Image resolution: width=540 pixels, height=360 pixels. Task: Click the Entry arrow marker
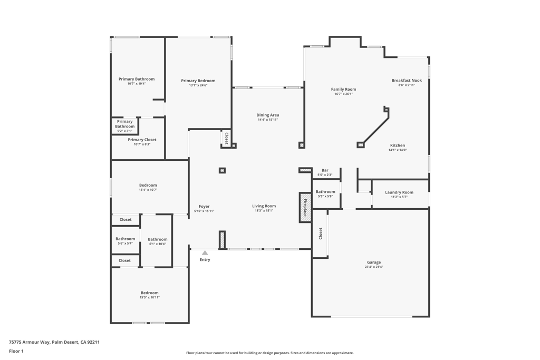coord(205,253)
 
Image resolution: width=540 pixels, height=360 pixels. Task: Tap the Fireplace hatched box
coord(305,208)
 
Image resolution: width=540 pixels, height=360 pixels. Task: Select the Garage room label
coord(374,262)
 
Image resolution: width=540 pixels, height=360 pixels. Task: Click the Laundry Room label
coord(399,192)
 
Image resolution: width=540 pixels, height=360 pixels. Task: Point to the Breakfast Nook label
coord(407,81)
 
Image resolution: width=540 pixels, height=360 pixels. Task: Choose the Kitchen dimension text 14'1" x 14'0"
coord(398,150)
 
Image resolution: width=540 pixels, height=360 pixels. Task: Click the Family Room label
coord(344,90)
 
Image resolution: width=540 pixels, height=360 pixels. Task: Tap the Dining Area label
coord(267,115)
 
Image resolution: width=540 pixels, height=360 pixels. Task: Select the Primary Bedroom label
coord(198,81)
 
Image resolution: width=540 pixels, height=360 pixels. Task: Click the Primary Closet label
coord(142,140)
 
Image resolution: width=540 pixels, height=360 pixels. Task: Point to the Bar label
coord(325,170)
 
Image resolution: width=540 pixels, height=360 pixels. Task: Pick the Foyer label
coord(204,207)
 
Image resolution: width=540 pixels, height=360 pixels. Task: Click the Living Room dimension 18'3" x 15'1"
coord(264,211)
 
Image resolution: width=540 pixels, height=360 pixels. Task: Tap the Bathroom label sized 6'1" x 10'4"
coord(158,239)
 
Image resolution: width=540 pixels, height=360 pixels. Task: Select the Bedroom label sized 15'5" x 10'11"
coord(149,293)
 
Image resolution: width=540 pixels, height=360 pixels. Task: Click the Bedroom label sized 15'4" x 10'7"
coord(148,185)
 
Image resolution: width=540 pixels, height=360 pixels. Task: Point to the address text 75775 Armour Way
coord(30,343)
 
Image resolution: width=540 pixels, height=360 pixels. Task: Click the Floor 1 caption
coord(16,352)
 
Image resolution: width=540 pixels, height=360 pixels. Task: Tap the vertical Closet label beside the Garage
coord(321,233)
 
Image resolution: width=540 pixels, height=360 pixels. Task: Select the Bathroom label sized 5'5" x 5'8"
coord(325,192)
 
